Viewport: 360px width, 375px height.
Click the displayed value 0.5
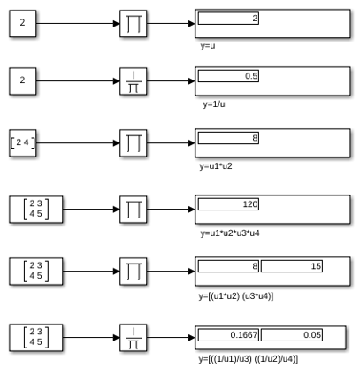251,76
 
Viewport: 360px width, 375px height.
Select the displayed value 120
250,204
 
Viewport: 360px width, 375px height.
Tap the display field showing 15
292,266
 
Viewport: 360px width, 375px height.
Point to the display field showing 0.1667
228,335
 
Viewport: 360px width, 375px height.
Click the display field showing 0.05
292,335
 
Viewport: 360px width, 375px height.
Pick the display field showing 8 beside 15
228,266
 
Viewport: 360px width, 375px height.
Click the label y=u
208,46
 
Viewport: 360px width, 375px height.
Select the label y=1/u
214,104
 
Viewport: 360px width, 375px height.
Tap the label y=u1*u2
216,166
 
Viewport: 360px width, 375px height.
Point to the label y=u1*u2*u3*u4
230,233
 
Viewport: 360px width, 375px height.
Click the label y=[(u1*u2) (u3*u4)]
236,296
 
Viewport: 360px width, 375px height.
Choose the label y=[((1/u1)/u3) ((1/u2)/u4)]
249,359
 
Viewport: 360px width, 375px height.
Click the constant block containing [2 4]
23,143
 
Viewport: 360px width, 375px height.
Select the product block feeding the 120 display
134,210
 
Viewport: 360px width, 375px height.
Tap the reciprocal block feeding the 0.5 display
134,81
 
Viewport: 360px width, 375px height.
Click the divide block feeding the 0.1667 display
134,338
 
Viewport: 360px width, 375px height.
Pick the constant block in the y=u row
23,24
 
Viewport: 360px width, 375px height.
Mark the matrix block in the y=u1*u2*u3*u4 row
36,210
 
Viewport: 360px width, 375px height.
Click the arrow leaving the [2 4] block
78,143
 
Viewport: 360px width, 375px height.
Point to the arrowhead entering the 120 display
192,210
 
